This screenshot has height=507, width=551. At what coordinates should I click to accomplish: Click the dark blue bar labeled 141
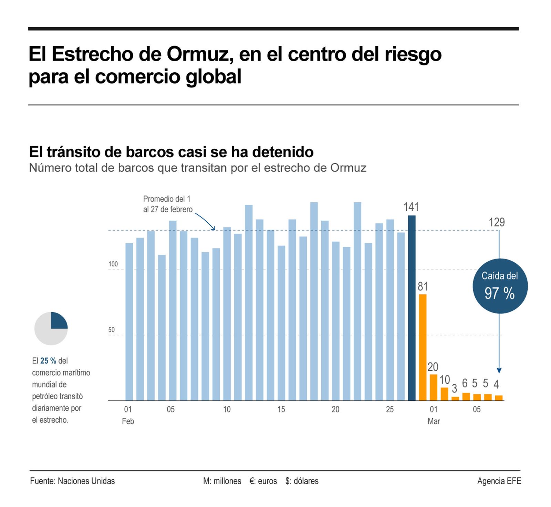pyautogui.click(x=412, y=308)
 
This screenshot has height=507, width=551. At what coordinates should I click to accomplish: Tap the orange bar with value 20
pyautogui.click(x=433, y=387)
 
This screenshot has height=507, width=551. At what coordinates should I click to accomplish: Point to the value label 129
pyautogui.click(x=497, y=222)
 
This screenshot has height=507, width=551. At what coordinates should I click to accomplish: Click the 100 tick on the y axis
pyautogui.click(x=113, y=264)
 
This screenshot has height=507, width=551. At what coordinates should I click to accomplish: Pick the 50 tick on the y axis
pyautogui.click(x=111, y=330)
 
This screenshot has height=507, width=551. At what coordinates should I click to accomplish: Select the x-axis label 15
pyautogui.click(x=281, y=409)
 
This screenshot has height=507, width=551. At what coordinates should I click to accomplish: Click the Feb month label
pyautogui.click(x=128, y=421)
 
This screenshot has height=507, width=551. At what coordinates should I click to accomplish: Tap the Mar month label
pyautogui.click(x=434, y=421)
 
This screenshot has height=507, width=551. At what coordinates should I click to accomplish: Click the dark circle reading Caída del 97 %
pyautogui.click(x=500, y=286)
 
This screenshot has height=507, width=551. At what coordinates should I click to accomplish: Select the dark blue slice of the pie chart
pyautogui.click(x=58, y=321)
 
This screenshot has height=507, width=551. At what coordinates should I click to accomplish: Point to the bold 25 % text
pyautogui.click(x=48, y=361)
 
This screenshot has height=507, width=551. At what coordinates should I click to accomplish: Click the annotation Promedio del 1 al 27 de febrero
pyautogui.click(x=168, y=204)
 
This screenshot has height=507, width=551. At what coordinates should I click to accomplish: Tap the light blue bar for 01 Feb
pyautogui.click(x=129, y=321)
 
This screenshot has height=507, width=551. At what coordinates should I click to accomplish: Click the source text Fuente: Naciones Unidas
pyautogui.click(x=72, y=481)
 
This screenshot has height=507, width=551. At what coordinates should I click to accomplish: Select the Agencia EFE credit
pyautogui.click(x=499, y=481)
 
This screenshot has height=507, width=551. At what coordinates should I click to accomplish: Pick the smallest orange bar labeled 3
pyautogui.click(x=455, y=398)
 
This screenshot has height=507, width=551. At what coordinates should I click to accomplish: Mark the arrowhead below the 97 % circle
pyautogui.click(x=499, y=370)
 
